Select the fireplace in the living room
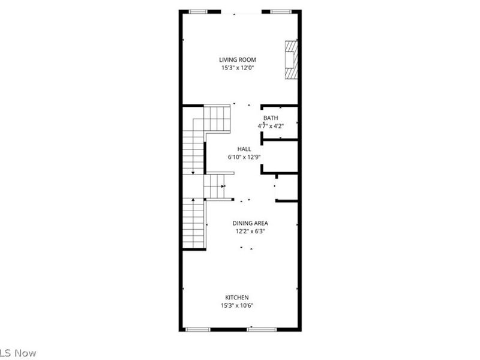tap(291, 60)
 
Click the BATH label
tap(270, 118)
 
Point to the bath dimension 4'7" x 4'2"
tap(270, 126)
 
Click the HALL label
tap(244, 149)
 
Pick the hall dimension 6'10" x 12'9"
tap(244, 157)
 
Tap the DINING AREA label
tap(251, 223)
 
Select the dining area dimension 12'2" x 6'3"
tap(250, 231)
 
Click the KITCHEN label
tap(237, 298)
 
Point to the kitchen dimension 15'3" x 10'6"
tap(237, 306)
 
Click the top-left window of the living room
tap(199, 11)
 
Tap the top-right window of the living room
tap(279, 11)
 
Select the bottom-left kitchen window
tap(198, 329)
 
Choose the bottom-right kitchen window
tap(262, 329)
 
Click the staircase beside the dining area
tap(194, 223)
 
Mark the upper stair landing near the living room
tap(217, 118)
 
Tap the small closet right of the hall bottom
tap(286, 187)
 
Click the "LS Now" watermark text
tap(18, 353)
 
